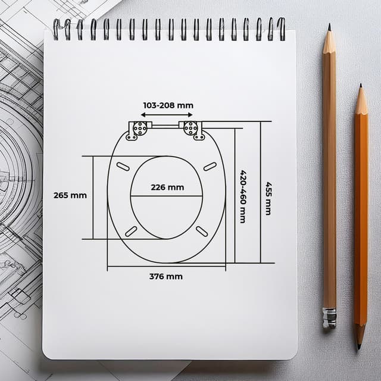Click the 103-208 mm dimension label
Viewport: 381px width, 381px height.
click(168, 105)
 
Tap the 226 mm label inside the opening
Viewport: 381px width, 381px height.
click(167, 188)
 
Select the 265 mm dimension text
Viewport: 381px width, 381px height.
click(70, 195)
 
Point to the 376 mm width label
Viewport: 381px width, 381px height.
click(166, 276)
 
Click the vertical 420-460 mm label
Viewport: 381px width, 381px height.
click(243, 196)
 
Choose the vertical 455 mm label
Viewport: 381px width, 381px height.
click(268, 198)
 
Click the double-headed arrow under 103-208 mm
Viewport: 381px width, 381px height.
click(167, 115)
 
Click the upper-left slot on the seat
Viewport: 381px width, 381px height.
click(123, 167)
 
